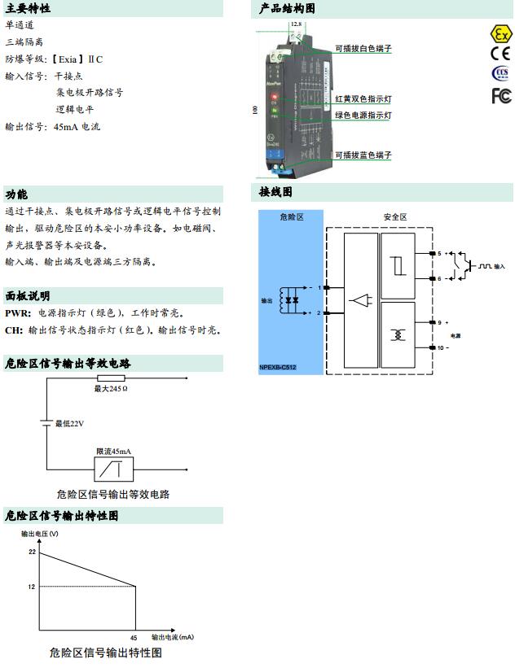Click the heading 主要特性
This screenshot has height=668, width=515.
point(28,9)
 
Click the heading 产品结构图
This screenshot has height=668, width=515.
point(286,9)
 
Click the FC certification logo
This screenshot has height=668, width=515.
point(501,95)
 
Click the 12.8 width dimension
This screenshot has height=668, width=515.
point(296,24)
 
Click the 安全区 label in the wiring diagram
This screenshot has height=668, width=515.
point(395,217)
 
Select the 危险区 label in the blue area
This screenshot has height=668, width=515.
point(291,217)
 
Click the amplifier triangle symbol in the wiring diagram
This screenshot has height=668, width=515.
point(359,300)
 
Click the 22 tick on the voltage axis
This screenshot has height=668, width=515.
point(32,552)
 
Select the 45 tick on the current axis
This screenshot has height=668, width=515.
point(134,637)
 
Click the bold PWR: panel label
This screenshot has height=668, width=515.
point(18,312)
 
